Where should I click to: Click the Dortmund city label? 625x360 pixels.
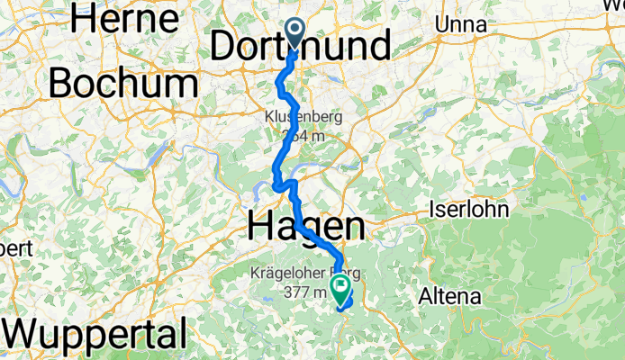302,45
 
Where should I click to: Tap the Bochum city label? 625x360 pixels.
123,84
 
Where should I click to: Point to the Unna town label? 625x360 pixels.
460,25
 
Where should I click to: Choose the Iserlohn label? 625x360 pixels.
469,210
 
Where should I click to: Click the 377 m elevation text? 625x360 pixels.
303,292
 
